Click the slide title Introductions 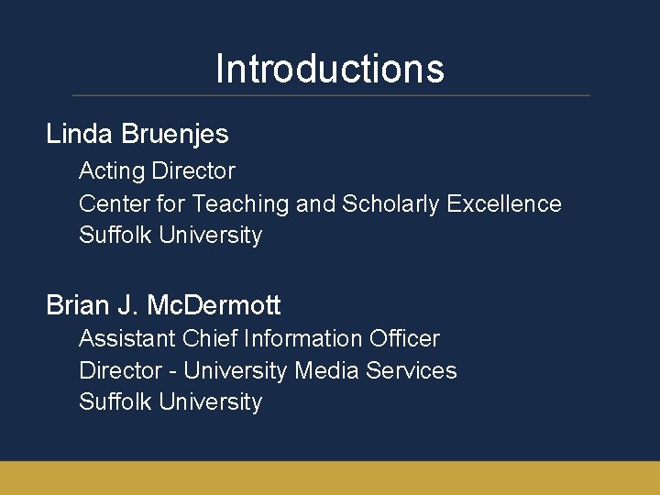(x=330, y=69)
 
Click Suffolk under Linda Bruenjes (x=115, y=235)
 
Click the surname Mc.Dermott (x=214, y=305)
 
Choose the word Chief (x=209, y=338)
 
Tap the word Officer (x=404, y=338)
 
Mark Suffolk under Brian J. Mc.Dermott (x=115, y=401)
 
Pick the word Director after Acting (x=193, y=171)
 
